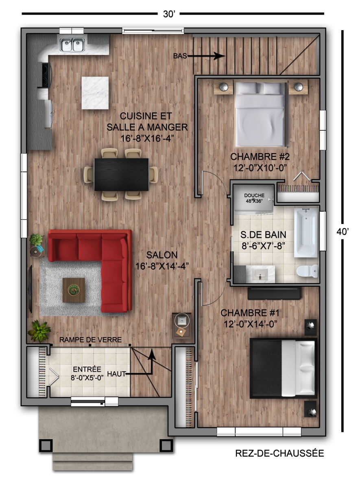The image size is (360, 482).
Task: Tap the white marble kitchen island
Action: [x=95, y=93]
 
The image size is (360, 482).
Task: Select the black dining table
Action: [x=121, y=174]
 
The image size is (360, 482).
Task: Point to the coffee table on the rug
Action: [x=74, y=290]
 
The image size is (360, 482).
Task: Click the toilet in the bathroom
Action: [x=307, y=271]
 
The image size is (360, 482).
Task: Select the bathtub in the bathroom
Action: [x=306, y=232]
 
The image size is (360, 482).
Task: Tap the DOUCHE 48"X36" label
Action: [x=254, y=198]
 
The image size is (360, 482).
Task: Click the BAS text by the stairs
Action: [x=180, y=56]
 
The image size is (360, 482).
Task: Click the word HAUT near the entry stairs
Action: [x=116, y=374]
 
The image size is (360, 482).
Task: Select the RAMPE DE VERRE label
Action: [x=90, y=340]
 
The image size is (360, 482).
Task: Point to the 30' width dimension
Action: [x=169, y=14]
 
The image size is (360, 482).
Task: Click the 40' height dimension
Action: [x=343, y=232]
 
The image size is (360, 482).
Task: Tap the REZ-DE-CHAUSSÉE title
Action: [x=279, y=454]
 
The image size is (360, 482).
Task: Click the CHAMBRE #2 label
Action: [x=260, y=157]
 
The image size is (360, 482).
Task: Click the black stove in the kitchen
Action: [x=45, y=75]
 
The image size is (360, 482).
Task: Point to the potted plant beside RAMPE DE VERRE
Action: [x=39, y=331]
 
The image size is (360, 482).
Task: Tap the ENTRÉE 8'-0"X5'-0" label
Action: [x=87, y=373]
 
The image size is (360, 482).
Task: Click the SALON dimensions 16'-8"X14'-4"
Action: [x=162, y=266]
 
